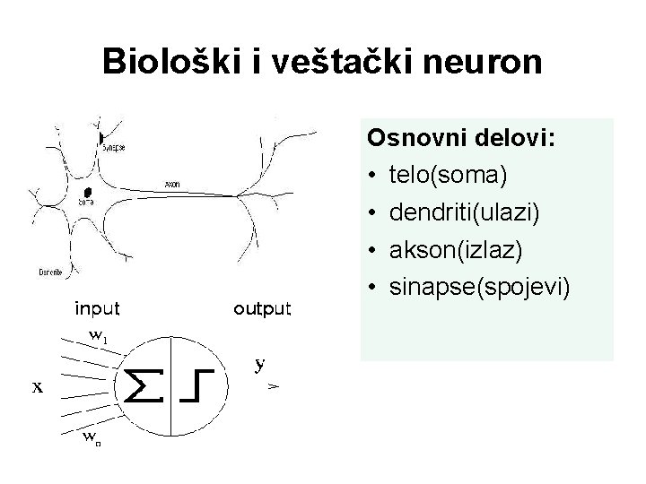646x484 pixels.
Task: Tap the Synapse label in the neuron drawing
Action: coord(115,147)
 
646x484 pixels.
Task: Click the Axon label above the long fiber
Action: coord(171,185)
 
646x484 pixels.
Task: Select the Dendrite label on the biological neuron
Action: coord(50,271)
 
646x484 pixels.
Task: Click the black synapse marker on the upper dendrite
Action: coord(100,136)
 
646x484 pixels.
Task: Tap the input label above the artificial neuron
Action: coord(97,309)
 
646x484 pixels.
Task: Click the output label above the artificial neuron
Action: coord(262,309)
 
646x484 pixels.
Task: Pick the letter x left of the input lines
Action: coord(38,387)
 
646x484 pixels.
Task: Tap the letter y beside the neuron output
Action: coord(259,364)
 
